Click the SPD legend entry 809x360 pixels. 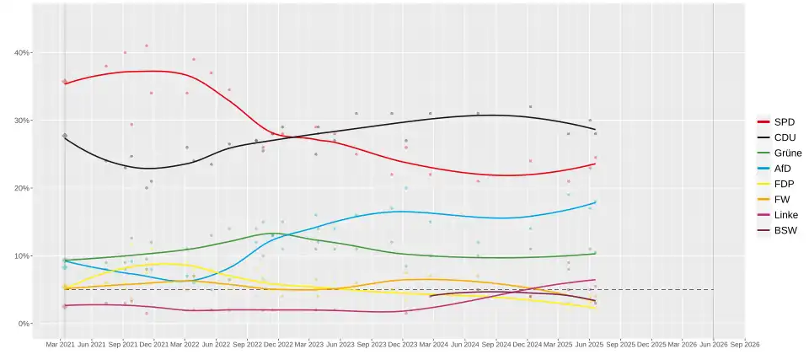click(783, 121)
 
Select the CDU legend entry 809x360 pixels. click(783, 137)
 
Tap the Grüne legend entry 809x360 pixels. click(785, 153)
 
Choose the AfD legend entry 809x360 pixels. click(783, 169)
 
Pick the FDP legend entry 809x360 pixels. click(783, 184)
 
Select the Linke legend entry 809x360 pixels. click(785, 215)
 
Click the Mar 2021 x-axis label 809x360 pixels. click(62, 345)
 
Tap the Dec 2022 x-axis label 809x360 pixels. click(278, 345)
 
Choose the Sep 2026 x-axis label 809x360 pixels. click(744, 345)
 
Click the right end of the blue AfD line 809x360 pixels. click(597, 201)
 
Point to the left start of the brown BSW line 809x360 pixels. click(430, 296)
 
